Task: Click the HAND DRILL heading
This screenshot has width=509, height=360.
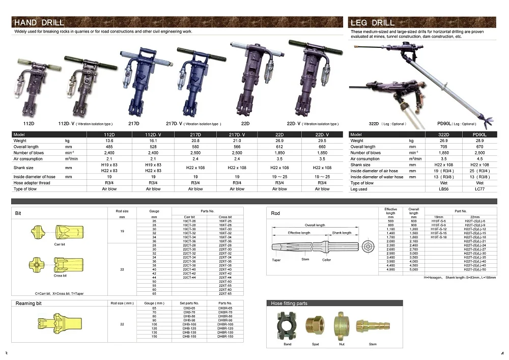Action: (x=39, y=22)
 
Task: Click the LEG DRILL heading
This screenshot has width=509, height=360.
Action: (x=373, y=22)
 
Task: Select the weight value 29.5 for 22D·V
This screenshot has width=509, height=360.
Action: (x=322, y=141)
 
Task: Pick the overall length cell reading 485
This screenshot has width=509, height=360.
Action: (x=109, y=147)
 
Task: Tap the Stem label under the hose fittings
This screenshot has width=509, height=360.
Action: (x=373, y=345)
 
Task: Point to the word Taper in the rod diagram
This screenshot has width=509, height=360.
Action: (x=276, y=260)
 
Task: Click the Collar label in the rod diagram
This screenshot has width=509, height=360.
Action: (x=327, y=260)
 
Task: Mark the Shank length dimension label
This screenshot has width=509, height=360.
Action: (x=342, y=233)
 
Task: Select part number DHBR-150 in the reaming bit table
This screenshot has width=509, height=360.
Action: (x=225, y=337)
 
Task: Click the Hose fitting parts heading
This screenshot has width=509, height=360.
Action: (x=290, y=303)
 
